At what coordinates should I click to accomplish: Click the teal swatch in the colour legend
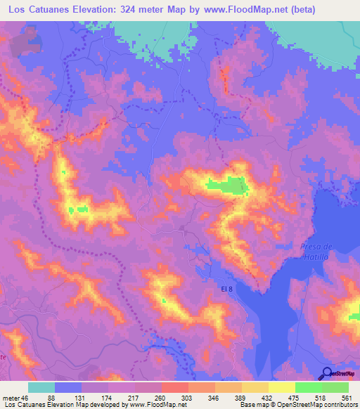point(41,387)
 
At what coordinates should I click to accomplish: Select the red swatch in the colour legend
point(174,387)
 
